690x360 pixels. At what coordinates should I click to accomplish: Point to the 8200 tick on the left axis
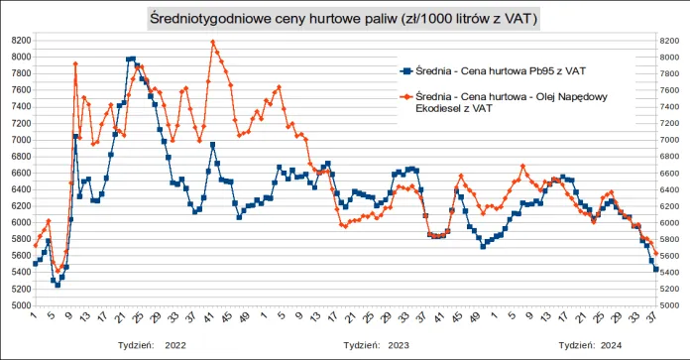[x=20, y=41]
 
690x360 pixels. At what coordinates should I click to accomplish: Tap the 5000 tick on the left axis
[x=20, y=305]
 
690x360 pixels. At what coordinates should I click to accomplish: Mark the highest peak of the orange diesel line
[x=213, y=42]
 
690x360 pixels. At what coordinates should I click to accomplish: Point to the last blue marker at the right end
[x=655, y=269]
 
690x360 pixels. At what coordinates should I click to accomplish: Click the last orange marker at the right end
[x=655, y=254]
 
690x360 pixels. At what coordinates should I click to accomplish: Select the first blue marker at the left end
[x=35, y=264]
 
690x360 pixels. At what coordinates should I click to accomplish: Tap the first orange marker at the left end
[x=35, y=245]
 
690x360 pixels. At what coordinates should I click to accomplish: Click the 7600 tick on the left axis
[x=20, y=90]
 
